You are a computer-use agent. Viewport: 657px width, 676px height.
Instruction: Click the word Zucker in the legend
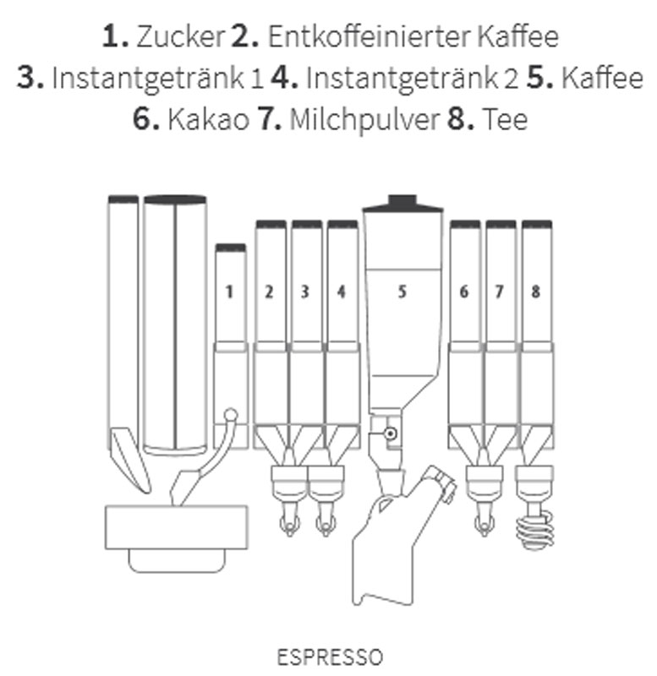tap(180, 37)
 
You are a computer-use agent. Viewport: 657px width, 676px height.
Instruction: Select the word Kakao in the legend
tap(208, 119)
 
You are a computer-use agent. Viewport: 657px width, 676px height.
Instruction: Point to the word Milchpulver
tap(364, 120)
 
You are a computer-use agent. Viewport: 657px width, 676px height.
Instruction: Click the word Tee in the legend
tap(505, 119)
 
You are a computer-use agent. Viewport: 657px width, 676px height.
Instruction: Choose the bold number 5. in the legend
tap(540, 78)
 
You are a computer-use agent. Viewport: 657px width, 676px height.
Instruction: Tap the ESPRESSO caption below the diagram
tap(330, 657)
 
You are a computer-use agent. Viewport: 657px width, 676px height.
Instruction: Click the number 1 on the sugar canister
tap(229, 292)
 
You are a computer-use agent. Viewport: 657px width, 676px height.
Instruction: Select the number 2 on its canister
tap(269, 292)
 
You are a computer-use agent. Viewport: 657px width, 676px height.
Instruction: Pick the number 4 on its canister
tap(342, 292)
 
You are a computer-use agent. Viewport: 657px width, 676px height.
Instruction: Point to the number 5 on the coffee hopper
tap(402, 292)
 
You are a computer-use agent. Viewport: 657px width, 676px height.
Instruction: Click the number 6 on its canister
tap(463, 292)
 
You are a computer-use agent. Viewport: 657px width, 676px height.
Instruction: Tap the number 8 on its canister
tap(536, 292)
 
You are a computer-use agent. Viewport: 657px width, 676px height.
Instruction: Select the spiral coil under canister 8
tap(535, 531)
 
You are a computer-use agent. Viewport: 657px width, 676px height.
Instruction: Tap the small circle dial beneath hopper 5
tap(391, 433)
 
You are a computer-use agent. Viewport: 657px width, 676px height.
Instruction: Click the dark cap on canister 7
tap(501, 224)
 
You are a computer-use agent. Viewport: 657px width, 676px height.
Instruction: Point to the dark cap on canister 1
tap(231, 248)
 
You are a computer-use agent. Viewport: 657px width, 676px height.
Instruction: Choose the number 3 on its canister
tap(305, 292)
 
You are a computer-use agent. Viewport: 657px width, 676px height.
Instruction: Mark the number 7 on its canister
tap(500, 292)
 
